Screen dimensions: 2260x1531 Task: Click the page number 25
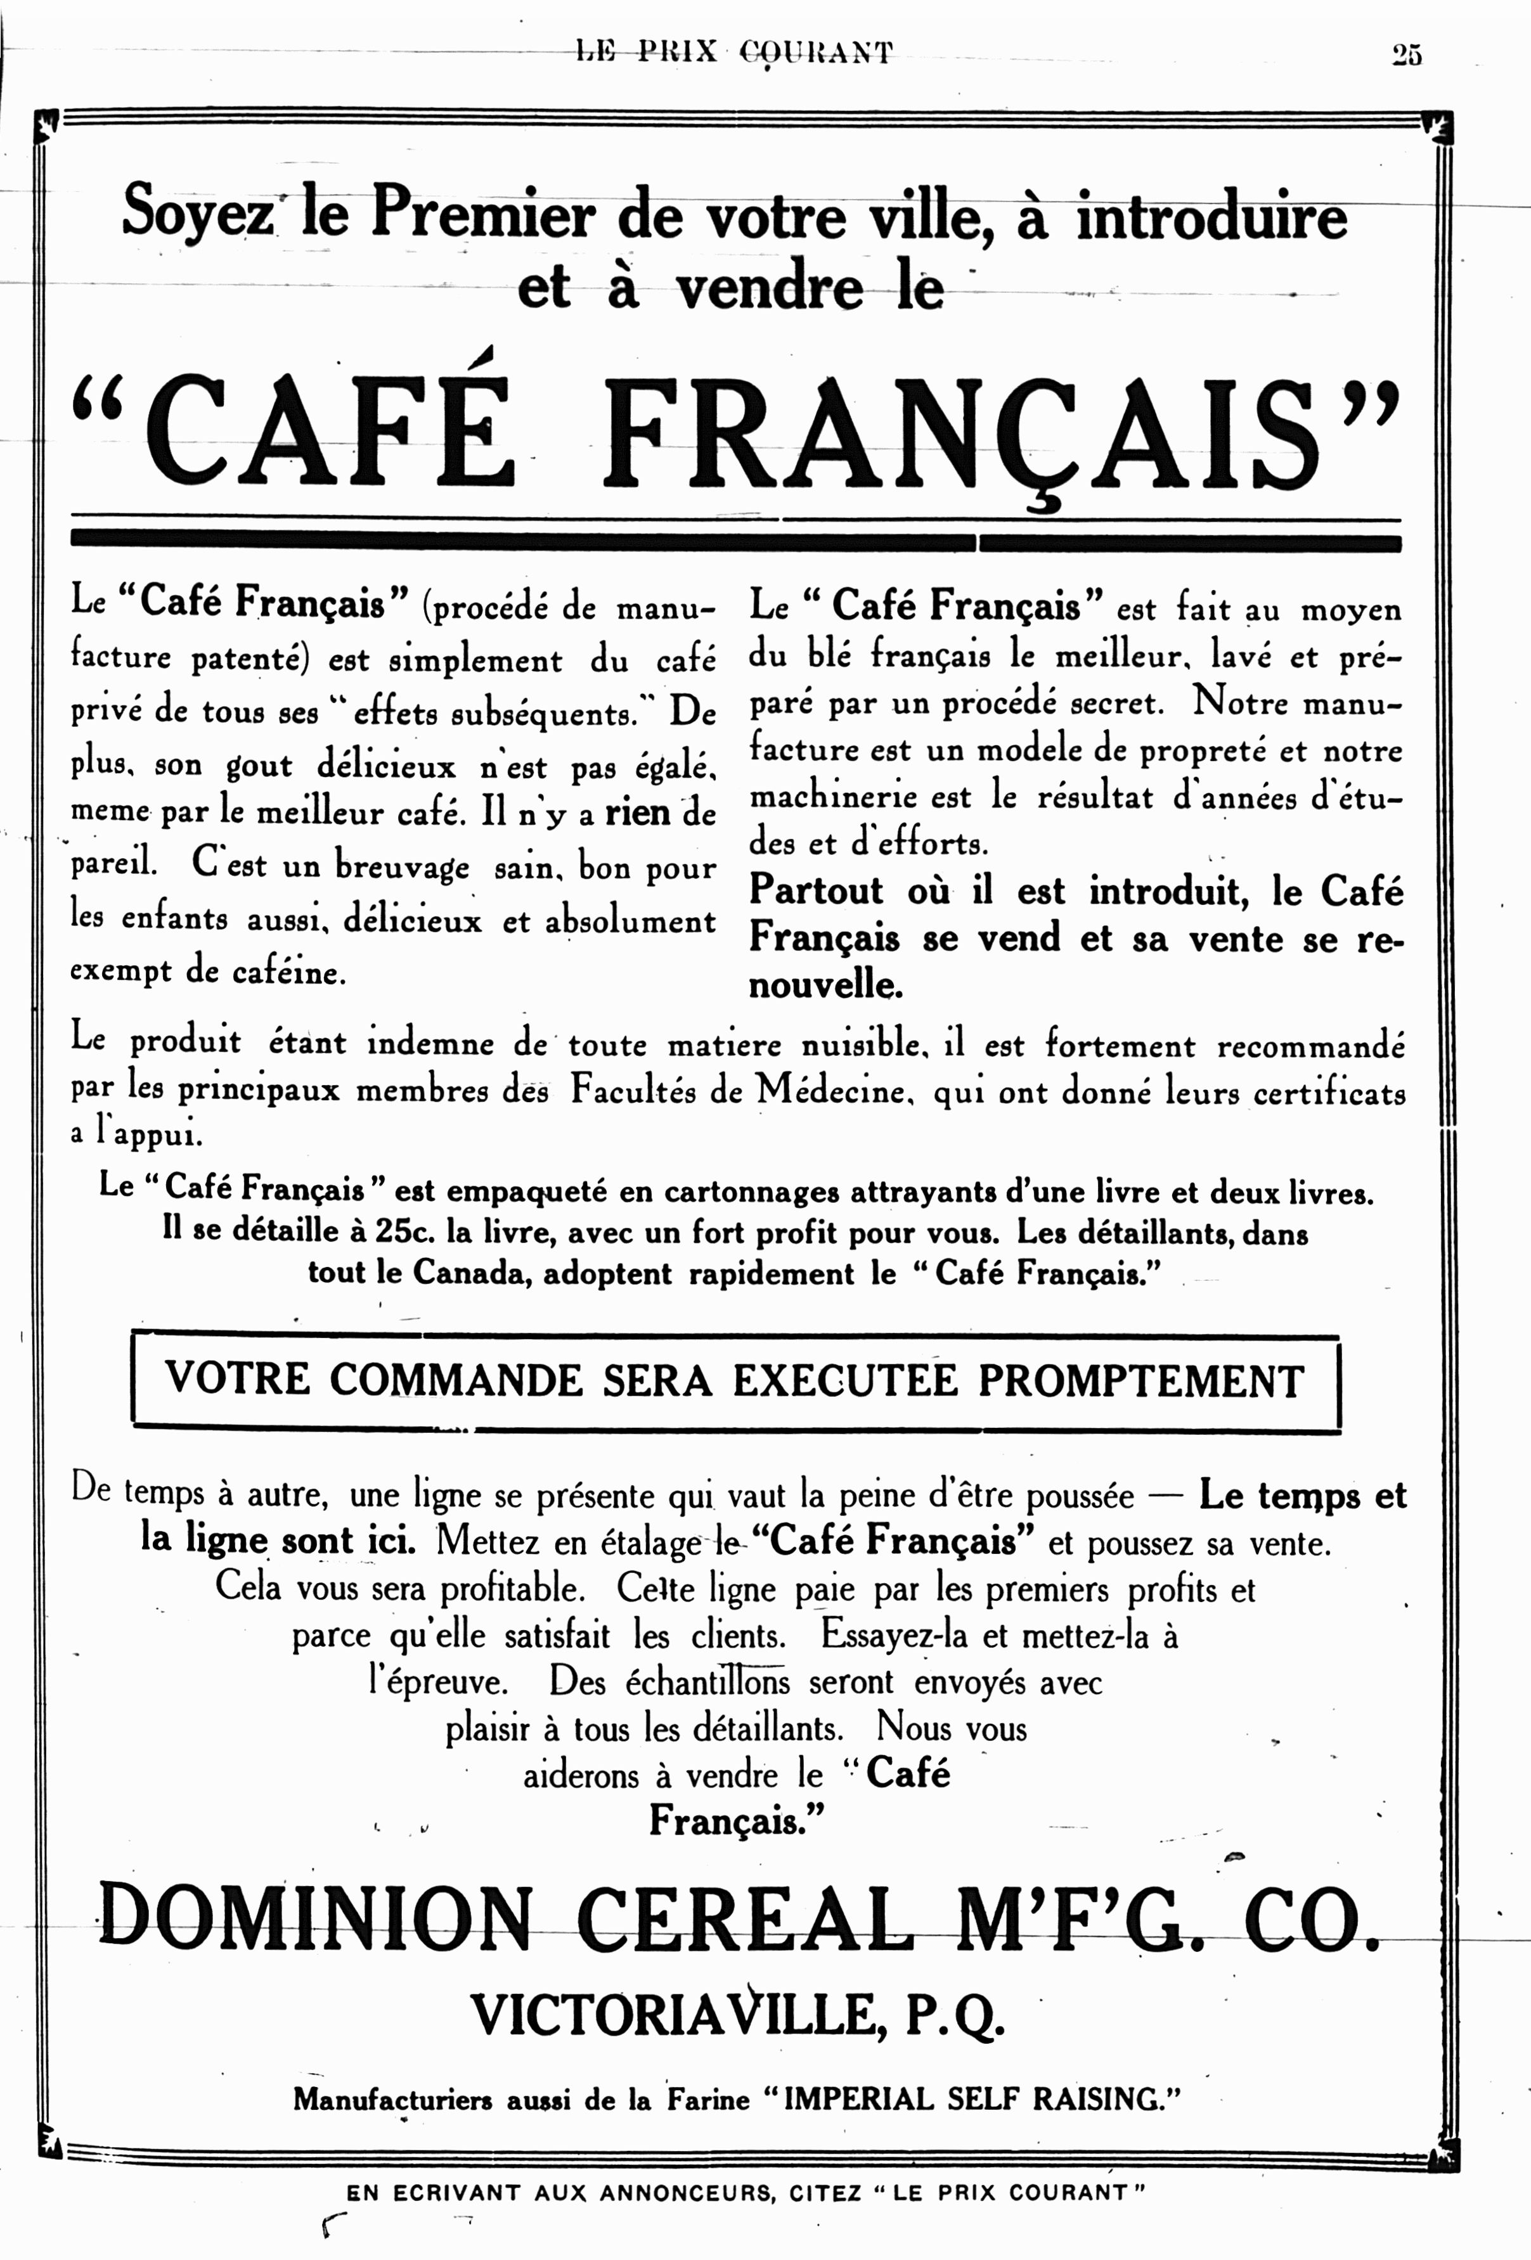[1407, 55]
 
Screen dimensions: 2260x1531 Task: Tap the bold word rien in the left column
[637, 811]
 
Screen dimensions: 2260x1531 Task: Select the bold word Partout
[816, 890]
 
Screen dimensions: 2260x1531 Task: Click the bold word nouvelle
[825, 986]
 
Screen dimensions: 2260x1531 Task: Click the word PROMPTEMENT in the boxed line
[1140, 1381]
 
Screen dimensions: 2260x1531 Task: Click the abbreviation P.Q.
[955, 2016]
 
